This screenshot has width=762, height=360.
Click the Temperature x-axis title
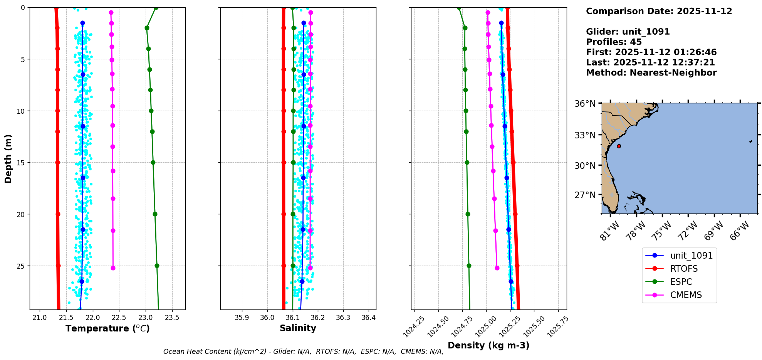tap(107, 328)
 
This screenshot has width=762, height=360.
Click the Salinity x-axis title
tap(298, 328)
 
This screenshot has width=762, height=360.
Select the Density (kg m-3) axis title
tap(488, 345)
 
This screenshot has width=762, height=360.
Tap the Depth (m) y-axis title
tap(8, 158)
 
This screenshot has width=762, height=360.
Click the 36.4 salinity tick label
tap(368, 318)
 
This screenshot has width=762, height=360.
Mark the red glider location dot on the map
tap(619, 146)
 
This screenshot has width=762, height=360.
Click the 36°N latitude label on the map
tap(585, 104)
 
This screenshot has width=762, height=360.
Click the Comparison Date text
tap(659, 11)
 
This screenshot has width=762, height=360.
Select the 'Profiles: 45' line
tap(614, 42)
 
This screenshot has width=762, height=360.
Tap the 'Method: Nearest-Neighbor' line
tap(651, 73)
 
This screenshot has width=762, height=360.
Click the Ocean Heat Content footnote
tap(303, 352)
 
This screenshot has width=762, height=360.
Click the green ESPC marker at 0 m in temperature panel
tap(156, 7)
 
